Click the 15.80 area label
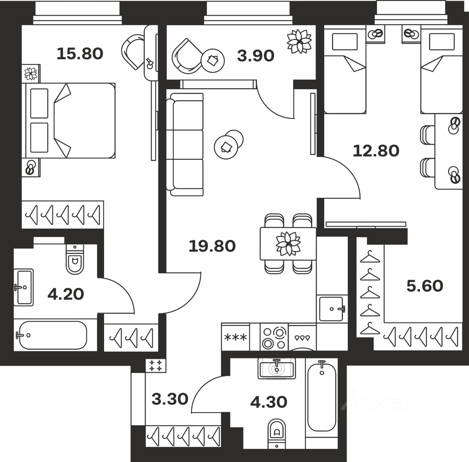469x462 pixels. click(x=80, y=54)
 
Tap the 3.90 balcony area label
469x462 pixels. click(x=255, y=56)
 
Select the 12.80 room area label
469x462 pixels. click(x=376, y=150)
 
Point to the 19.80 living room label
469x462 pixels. click(x=212, y=246)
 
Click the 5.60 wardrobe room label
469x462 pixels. click(x=425, y=286)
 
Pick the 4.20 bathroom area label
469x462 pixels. click(x=66, y=294)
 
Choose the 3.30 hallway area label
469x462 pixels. click(x=170, y=399)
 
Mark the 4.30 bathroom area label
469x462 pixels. click(x=269, y=402)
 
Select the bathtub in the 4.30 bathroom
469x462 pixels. click(x=322, y=396)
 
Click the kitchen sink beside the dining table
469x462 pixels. click(x=332, y=309)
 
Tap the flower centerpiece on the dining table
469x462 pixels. click(x=288, y=243)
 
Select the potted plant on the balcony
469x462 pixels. click(x=299, y=41)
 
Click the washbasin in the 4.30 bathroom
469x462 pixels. click(x=276, y=368)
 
